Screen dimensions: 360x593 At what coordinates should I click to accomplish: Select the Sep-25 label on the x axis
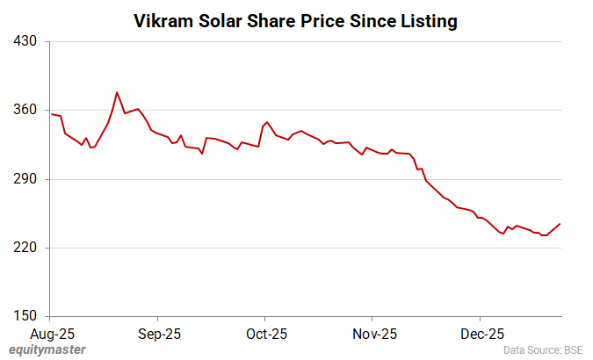(159, 334)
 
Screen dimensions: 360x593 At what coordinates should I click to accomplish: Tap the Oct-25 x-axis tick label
(266, 334)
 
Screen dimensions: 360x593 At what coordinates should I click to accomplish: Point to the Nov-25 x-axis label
(374, 334)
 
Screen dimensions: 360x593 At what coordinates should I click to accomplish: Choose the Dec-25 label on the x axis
(482, 334)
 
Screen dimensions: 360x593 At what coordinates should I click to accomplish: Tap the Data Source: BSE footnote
(544, 350)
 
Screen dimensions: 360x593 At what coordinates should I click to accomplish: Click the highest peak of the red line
(117, 91)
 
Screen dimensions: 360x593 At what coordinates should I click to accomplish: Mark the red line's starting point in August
(51, 114)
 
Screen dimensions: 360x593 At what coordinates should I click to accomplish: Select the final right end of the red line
(560, 224)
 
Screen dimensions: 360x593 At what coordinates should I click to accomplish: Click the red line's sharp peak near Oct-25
(267, 122)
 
